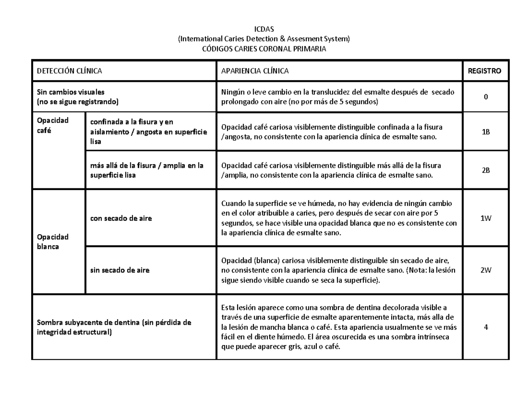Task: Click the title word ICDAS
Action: pyautogui.click(x=264, y=29)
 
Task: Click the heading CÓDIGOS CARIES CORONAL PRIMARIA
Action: pyautogui.click(x=264, y=49)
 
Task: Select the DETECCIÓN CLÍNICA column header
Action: pyautogui.click(x=69, y=71)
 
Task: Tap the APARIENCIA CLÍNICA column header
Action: pyautogui.click(x=255, y=71)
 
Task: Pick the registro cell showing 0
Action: pyautogui.click(x=485, y=97)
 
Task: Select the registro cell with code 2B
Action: pyautogui.click(x=485, y=170)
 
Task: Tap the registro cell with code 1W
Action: pyautogui.click(x=485, y=218)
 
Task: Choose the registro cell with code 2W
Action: pyautogui.click(x=485, y=270)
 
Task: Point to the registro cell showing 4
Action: pyautogui.click(x=485, y=327)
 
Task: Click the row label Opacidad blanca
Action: pyautogui.click(x=50, y=242)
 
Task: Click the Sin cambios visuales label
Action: pyautogui.click(x=70, y=92)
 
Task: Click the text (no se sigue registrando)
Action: pyautogui.click(x=77, y=102)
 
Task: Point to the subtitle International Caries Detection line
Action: pyautogui.click(x=264, y=39)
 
